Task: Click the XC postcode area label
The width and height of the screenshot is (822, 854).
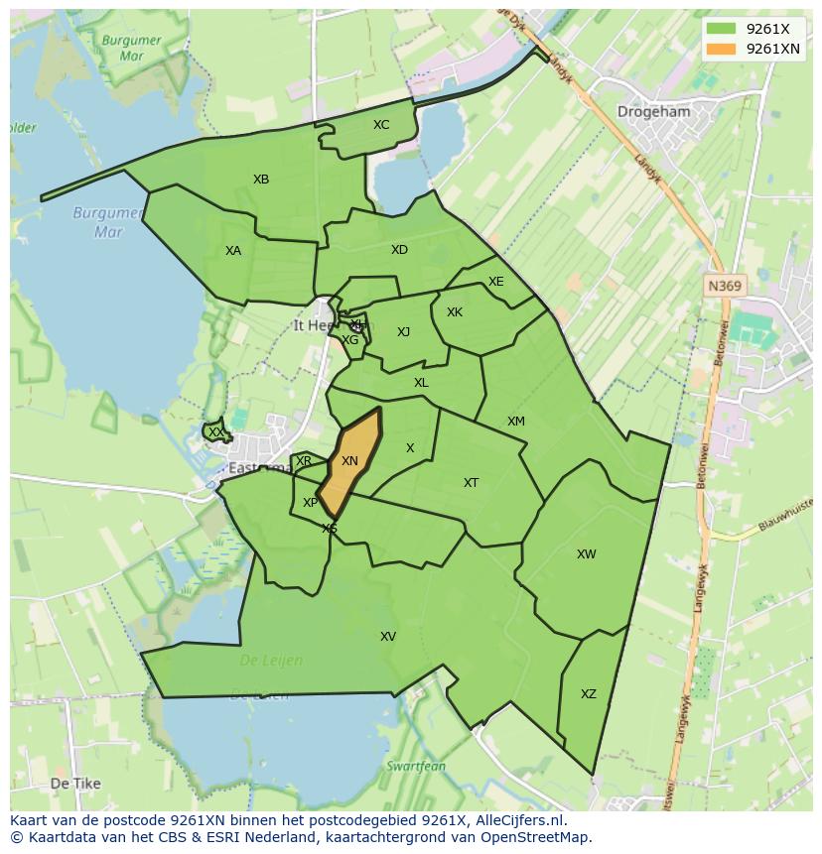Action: pos(381,125)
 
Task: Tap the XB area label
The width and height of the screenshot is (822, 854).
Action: pos(261,180)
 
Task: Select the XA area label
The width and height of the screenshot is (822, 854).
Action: pos(233,251)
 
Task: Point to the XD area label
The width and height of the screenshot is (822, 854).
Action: pos(399,250)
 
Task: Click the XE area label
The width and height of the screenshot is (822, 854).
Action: pos(496,282)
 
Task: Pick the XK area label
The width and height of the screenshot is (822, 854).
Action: pos(455,312)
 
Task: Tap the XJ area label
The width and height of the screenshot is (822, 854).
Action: pos(403,332)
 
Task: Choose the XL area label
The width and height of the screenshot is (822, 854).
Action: pos(421,383)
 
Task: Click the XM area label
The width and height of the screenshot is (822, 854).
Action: pos(516,422)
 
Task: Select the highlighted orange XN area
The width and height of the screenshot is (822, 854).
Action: pos(350,461)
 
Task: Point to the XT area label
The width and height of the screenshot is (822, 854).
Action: pos(472,483)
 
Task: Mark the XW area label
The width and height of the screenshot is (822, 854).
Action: pos(587,554)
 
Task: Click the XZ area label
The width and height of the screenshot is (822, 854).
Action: pos(589,694)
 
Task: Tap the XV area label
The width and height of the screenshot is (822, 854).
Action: pos(388,637)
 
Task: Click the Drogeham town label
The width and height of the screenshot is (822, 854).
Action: pos(653,112)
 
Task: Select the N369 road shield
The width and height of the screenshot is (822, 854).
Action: pos(725,286)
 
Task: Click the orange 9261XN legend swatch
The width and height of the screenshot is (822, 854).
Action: pos(722,49)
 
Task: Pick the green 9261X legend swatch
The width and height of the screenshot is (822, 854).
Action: pos(722,30)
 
